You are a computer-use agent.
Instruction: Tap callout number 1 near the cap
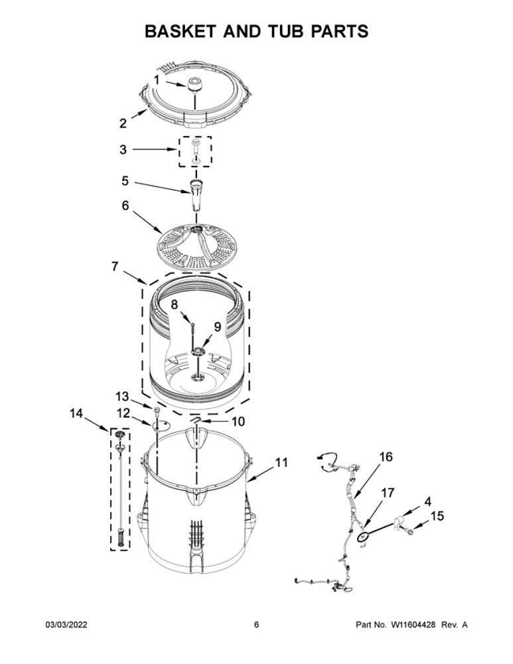(157, 79)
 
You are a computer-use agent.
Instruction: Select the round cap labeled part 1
(194, 85)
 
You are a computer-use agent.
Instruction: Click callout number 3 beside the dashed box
(123, 149)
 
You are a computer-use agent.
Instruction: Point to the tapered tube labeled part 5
(195, 195)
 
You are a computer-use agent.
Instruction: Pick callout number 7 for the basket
(115, 267)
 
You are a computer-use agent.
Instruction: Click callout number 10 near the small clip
(238, 422)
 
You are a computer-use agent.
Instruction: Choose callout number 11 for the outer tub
(281, 462)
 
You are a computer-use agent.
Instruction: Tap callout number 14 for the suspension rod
(76, 413)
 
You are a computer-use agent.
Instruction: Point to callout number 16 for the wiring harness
(386, 457)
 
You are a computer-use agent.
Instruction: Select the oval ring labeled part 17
(363, 537)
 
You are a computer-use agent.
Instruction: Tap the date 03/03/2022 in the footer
(66, 625)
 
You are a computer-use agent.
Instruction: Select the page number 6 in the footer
(256, 625)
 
